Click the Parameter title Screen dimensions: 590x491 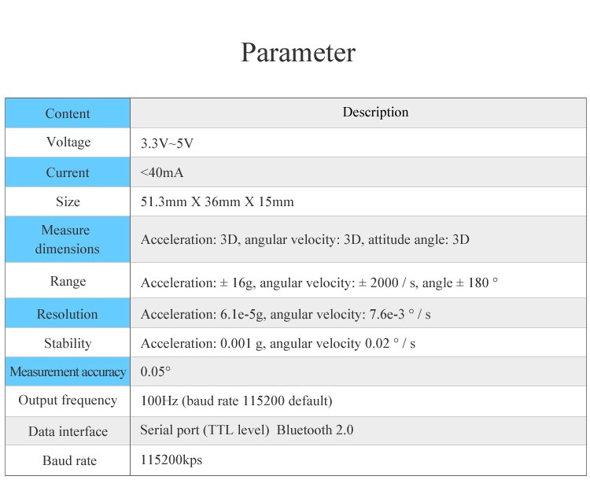click(x=298, y=53)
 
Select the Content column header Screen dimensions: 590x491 click(x=68, y=113)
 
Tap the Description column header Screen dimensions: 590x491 click(x=375, y=112)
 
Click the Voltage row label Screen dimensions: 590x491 click(x=68, y=142)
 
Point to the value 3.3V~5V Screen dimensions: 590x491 click(x=167, y=143)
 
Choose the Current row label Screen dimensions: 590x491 click(x=68, y=172)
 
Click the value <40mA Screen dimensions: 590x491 click(x=162, y=172)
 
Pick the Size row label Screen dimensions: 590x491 click(x=68, y=201)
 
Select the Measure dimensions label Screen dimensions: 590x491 click(x=68, y=239)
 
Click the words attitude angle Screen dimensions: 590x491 click(x=407, y=240)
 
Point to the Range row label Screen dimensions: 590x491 click(x=68, y=282)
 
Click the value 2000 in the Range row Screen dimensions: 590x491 click(x=384, y=282)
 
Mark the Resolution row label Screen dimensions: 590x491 click(x=68, y=314)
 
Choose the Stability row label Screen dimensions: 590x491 click(x=68, y=344)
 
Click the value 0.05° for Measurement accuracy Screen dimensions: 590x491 click(x=156, y=371)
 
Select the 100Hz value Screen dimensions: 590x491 click(x=159, y=401)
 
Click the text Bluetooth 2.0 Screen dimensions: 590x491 click(x=315, y=430)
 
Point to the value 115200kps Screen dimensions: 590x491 click(x=171, y=460)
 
